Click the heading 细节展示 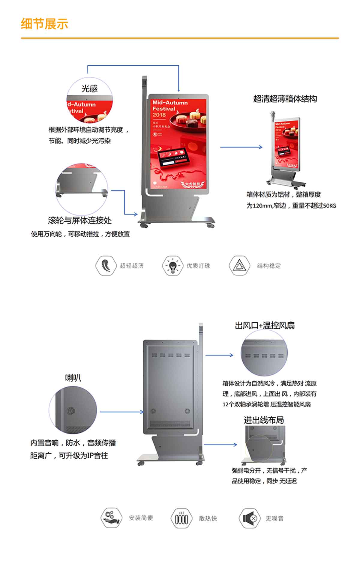pos(44,24)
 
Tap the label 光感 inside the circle pos(89,88)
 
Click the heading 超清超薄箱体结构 pos(285,99)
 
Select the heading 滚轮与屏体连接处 pos(80,220)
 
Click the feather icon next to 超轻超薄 pos(106,265)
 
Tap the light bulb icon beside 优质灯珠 pos(172,265)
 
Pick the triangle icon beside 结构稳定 pos(239,265)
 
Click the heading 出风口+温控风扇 pos(265,325)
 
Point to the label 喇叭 pos(73,378)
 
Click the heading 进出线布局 pos(263,420)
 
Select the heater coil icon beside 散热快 pos(181,518)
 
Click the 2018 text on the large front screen pos(159,115)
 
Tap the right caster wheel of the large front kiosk pos(211,225)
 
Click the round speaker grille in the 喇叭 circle pos(70,411)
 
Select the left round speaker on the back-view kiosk pos(153,411)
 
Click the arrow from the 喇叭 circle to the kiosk pos(121,412)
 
